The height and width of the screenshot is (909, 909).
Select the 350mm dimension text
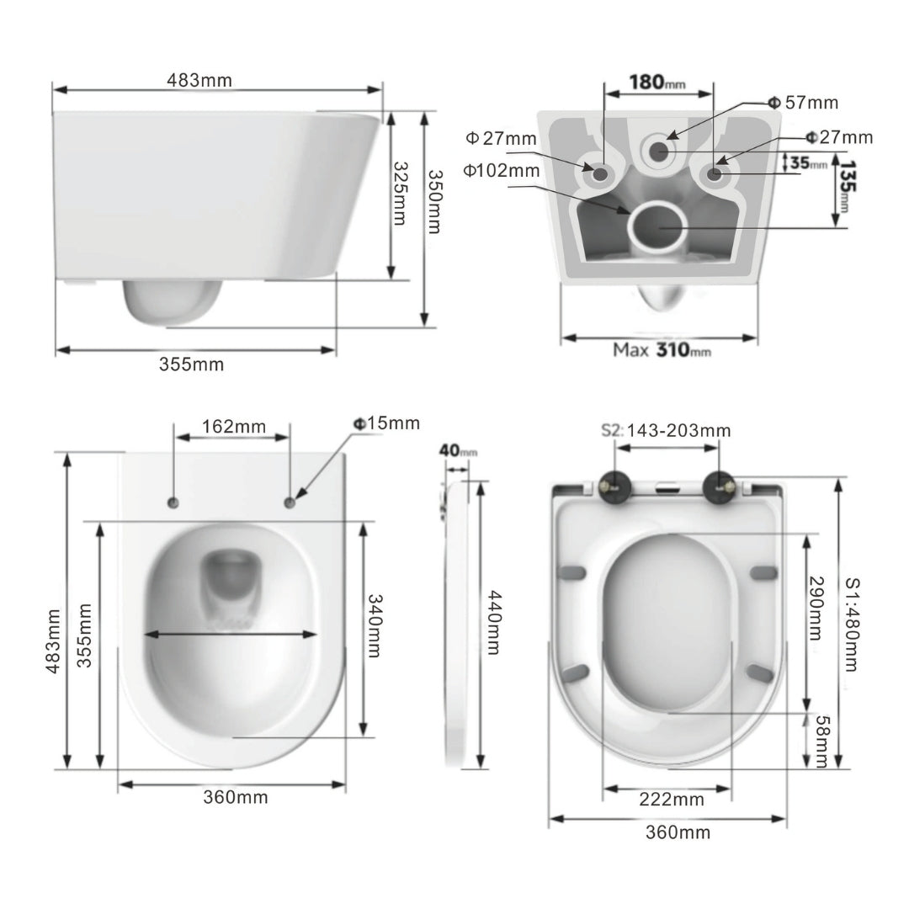pos(433,203)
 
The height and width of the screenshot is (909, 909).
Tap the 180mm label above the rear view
pos(657,82)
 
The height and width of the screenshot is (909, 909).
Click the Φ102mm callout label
pos(502,170)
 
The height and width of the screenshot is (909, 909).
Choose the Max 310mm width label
pos(662,349)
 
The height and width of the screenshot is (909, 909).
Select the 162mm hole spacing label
pos(233,427)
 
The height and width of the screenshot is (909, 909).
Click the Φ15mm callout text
pos(386,423)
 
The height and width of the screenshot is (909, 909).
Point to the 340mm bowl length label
pos(375,626)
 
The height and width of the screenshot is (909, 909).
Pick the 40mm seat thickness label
pos(457,451)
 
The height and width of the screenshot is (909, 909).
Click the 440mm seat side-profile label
pos(493,621)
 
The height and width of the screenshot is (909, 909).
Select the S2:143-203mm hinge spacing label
pos(666,431)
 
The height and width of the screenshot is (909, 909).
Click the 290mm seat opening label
pos(815,608)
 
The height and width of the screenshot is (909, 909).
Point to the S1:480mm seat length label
pos(851,623)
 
